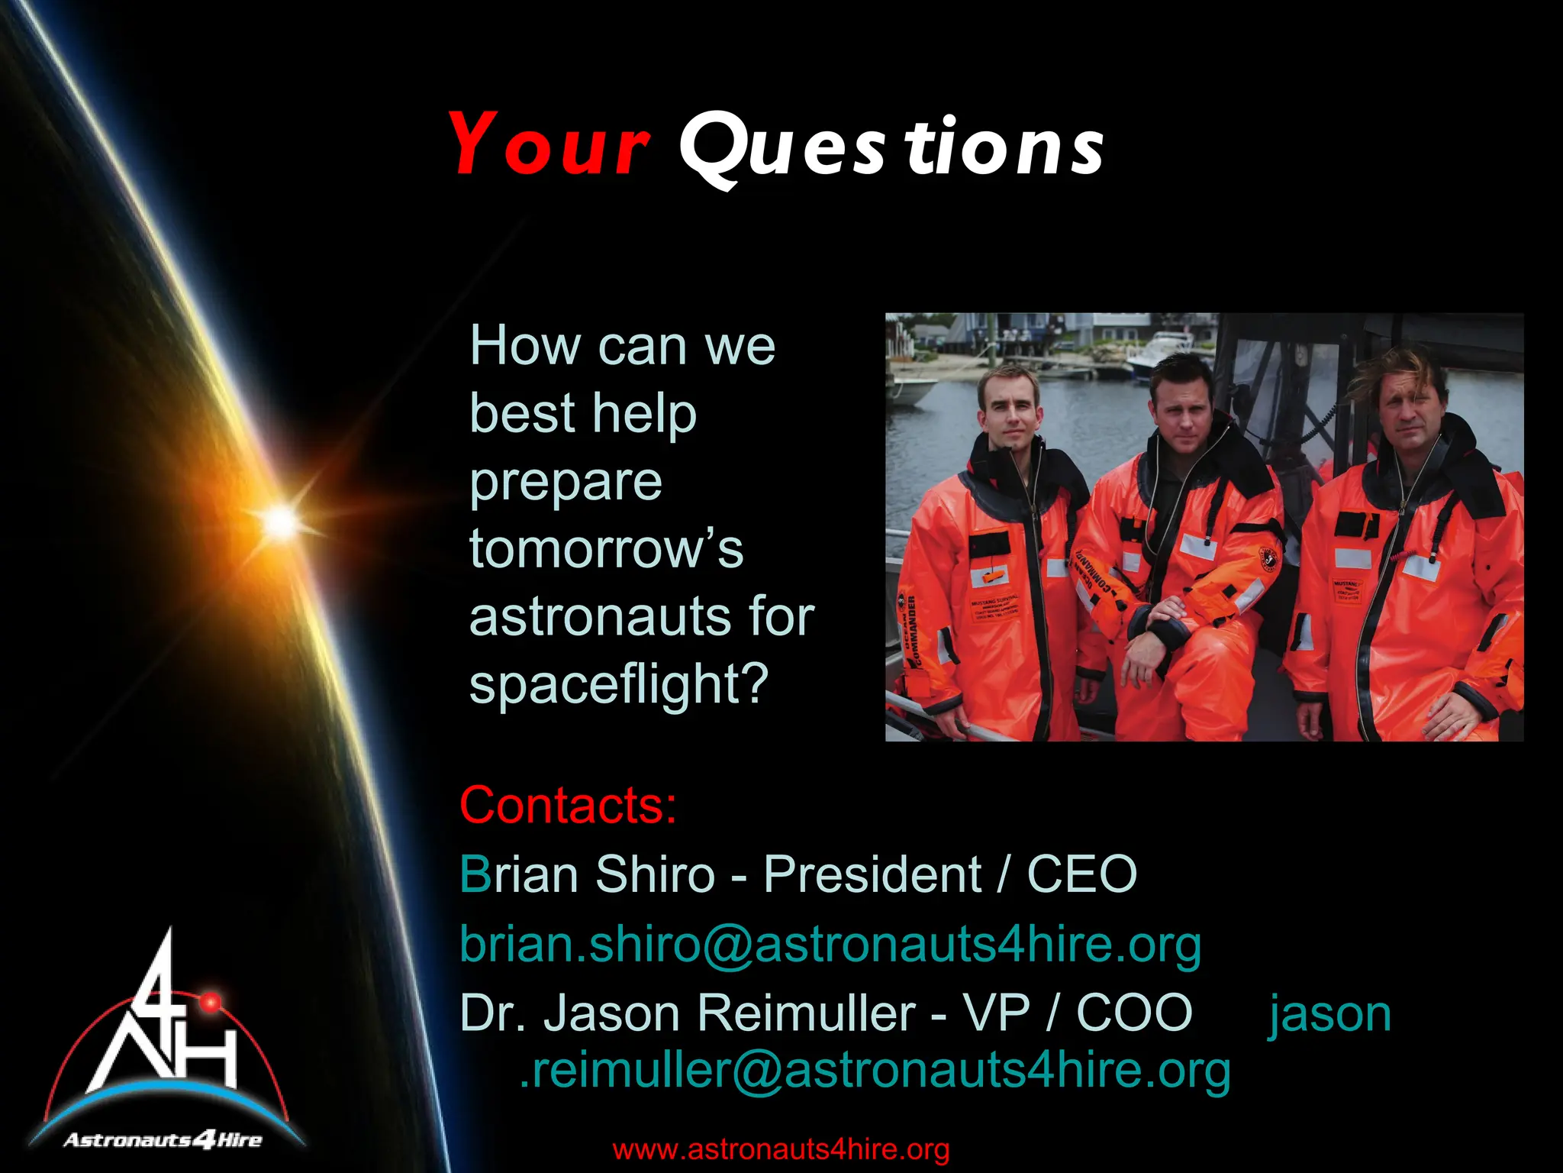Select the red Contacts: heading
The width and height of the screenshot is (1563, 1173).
click(x=568, y=805)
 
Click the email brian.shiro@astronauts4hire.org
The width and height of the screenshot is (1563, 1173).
click(x=830, y=944)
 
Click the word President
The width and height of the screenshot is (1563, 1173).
click(x=872, y=874)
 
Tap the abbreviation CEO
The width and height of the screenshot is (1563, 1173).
click(x=1081, y=874)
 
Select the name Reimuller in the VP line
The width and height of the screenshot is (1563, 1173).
click(x=806, y=1013)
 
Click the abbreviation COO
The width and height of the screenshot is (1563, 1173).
click(x=1134, y=1013)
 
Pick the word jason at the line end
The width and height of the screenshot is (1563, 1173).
click(x=1330, y=1015)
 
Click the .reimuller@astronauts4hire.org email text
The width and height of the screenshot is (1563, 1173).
click(x=875, y=1071)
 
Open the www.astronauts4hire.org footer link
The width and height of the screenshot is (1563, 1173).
click(x=781, y=1149)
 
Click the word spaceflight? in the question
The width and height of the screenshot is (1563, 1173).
click(x=618, y=683)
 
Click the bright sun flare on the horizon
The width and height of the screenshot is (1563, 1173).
click(x=281, y=521)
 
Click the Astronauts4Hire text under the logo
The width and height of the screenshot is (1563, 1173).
click(x=163, y=1141)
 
